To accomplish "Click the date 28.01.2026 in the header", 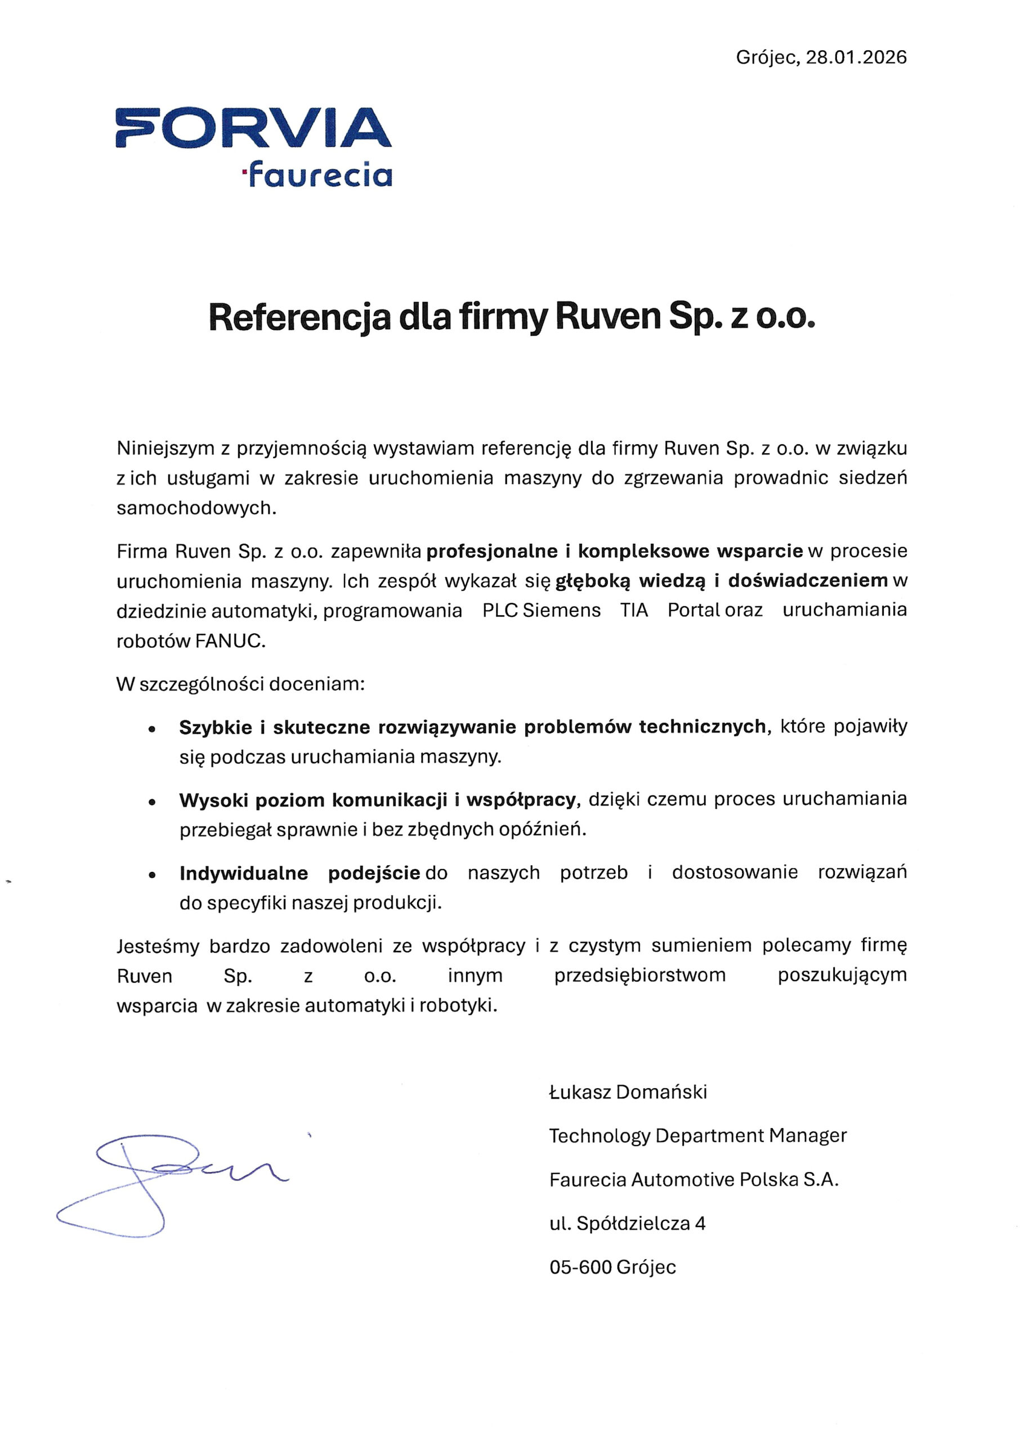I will [856, 58].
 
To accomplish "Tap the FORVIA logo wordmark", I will [253, 128].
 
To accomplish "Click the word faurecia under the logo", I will [320, 175].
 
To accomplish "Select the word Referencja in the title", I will [299, 317].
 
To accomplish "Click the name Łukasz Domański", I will [628, 1092].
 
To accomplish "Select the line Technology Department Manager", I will [697, 1135].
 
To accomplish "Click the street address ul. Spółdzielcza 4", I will [627, 1223].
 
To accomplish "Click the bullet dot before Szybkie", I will [151, 729].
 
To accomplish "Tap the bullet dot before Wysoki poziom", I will [151, 802].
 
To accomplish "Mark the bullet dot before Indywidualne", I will [151, 875].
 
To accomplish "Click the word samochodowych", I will [196, 508].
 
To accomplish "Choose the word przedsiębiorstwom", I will [639, 975].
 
